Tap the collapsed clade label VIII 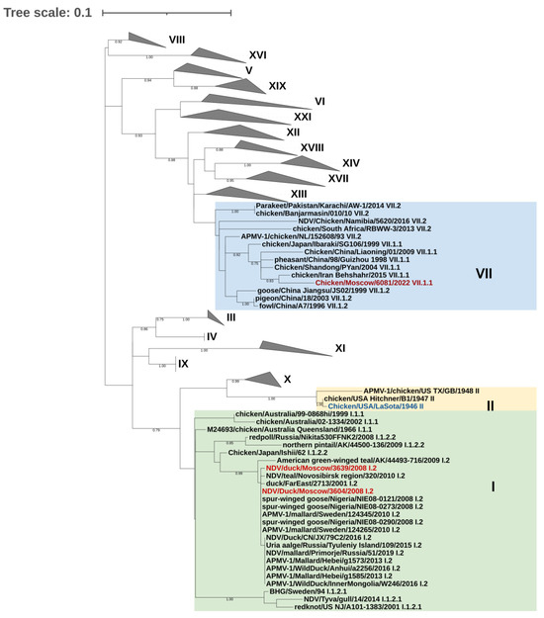[177, 39]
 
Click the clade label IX [183, 364]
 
